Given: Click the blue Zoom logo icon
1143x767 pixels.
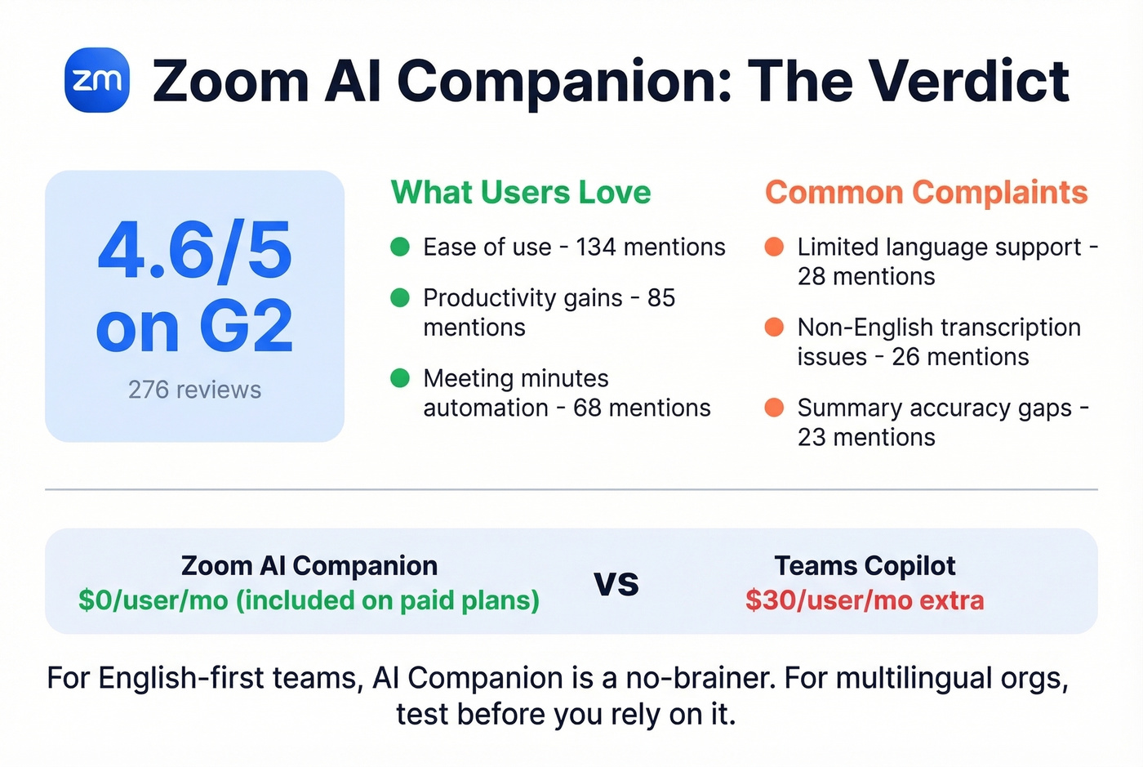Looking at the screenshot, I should tap(97, 80).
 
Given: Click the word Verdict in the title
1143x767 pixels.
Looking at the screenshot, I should tap(968, 81).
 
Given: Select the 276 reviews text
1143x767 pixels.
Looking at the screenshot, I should tap(194, 390).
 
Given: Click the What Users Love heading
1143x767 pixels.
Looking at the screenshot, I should tap(521, 193).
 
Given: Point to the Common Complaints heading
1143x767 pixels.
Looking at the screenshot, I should tap(926, 193).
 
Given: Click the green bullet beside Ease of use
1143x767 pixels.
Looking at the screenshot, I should tap(400, 247).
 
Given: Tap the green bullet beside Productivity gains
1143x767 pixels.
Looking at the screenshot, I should tap(400, 297).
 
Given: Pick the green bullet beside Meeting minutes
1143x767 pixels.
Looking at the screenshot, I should tap(400, 378).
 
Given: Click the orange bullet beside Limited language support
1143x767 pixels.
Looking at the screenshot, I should tap(774, 247).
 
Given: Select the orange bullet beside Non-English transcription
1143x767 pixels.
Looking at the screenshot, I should tap(774, 327).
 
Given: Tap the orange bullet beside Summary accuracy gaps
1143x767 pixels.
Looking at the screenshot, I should tap(774, 408).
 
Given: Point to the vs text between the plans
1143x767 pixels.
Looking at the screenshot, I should tap(616, 582).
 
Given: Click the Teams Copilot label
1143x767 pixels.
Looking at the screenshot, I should tap(865, 565).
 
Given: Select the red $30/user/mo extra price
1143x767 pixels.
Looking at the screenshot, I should tap(865, 600).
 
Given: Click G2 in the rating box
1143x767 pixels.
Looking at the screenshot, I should tap(246, 327).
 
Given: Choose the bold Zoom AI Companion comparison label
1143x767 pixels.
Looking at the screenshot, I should tap(309, 565).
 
